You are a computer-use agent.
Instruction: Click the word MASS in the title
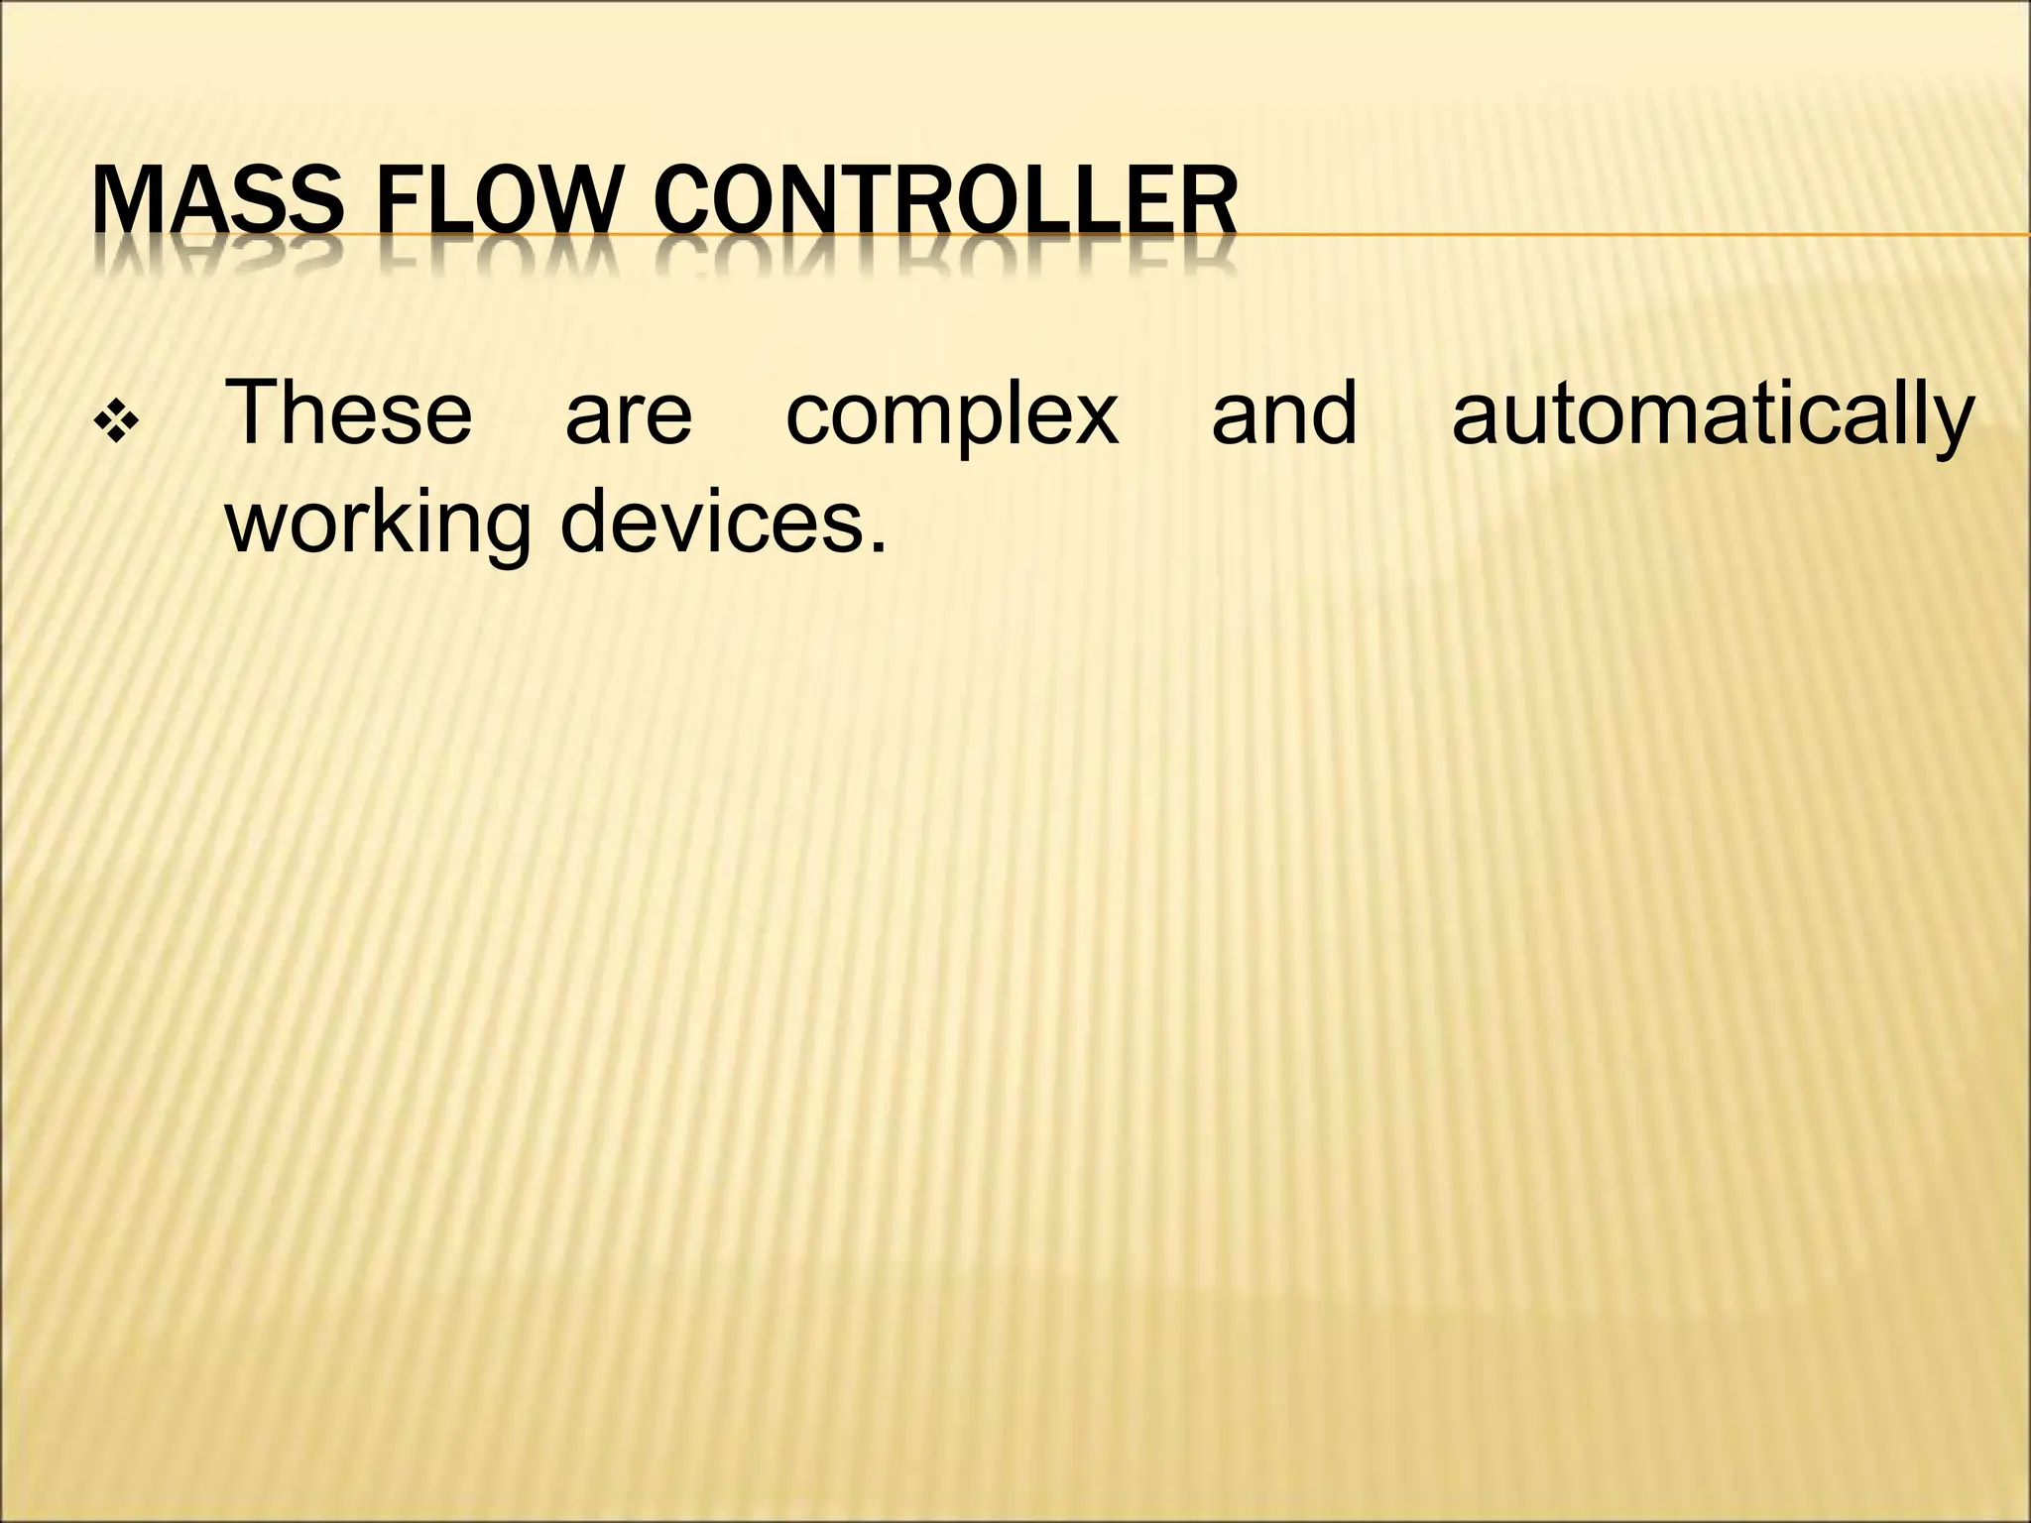pos(214,202)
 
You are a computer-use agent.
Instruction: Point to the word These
pos(350,413)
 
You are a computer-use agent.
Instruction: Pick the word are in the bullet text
pos(629,413)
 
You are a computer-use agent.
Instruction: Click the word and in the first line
pos(1283,413)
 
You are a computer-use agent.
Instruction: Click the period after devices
pos(876,546)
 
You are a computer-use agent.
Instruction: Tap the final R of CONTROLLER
pos(1215,202)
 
